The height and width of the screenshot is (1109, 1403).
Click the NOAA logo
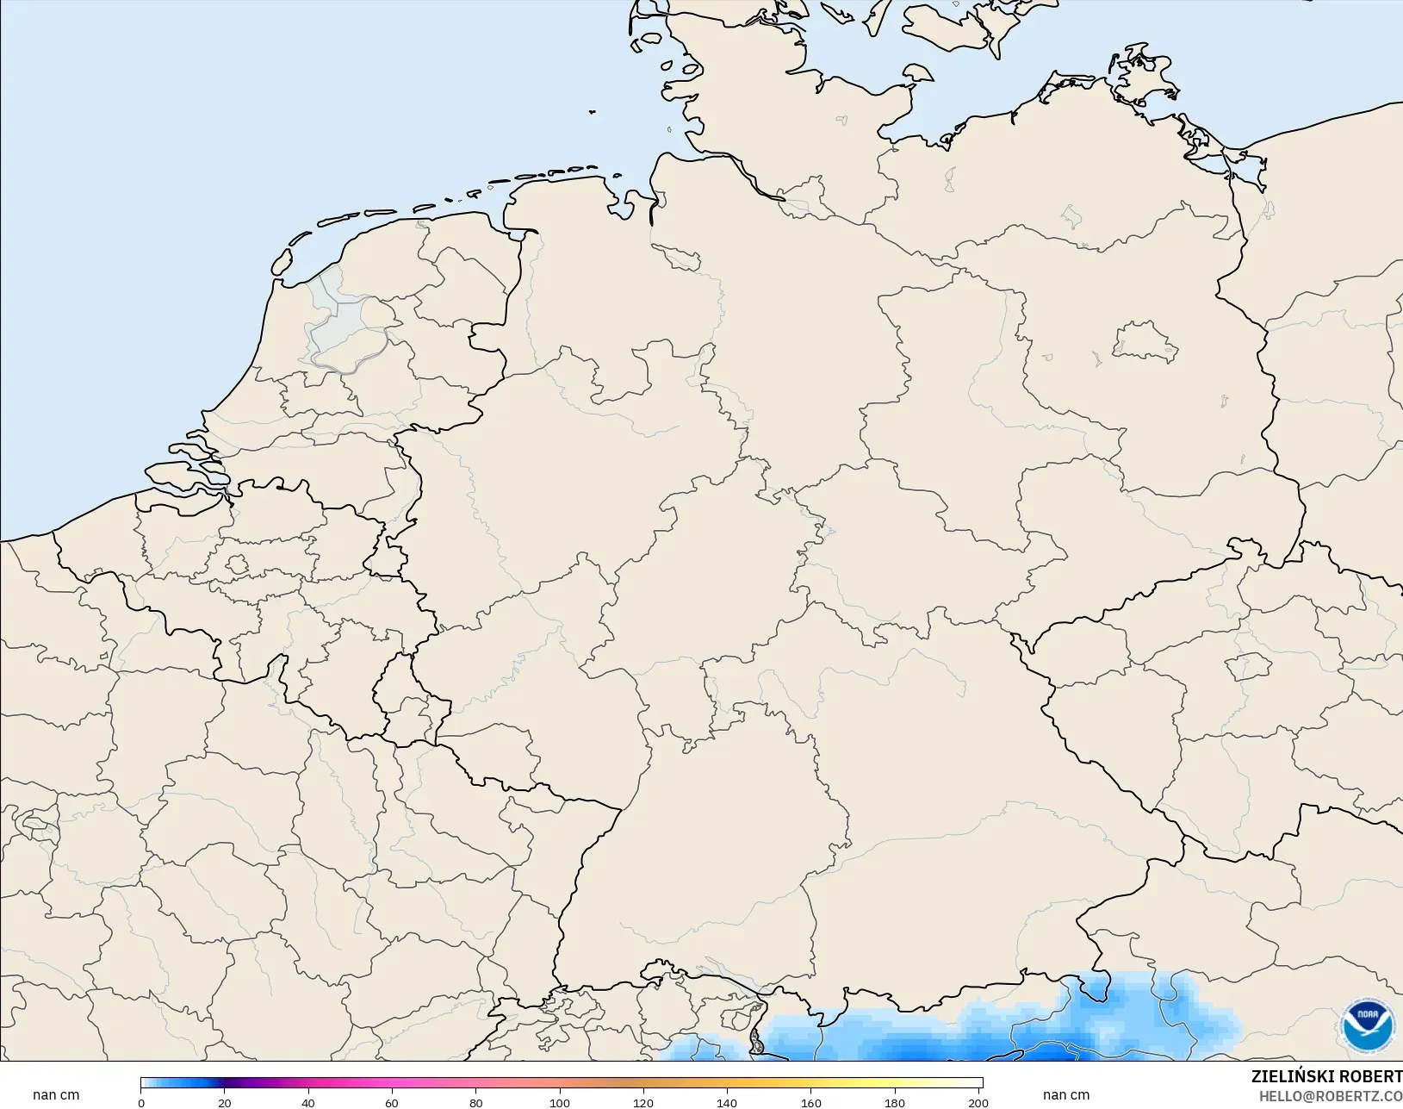point(1368,1024)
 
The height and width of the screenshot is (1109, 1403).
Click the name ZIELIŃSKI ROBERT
point(1326,1076)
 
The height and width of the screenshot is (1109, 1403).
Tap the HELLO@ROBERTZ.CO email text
point(1331,1096)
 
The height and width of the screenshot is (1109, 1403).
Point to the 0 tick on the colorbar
point(141,1102)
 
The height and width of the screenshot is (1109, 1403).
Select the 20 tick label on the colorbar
point(225,1102)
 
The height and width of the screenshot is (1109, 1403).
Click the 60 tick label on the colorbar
point(392,1102)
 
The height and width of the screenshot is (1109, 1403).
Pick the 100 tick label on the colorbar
point(560,1102)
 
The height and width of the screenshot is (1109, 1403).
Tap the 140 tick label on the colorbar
point(727,1102)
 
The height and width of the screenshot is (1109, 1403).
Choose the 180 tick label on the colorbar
point(895,1102)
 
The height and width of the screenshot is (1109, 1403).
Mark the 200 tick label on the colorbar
point(978,1102)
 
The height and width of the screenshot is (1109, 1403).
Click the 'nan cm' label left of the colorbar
point(56,1095)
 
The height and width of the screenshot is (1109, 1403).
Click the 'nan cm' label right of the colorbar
point(1066,1095)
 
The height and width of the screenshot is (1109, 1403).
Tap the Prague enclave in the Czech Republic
point(1248,666)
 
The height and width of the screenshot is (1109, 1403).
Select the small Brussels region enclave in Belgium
point(237,565)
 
